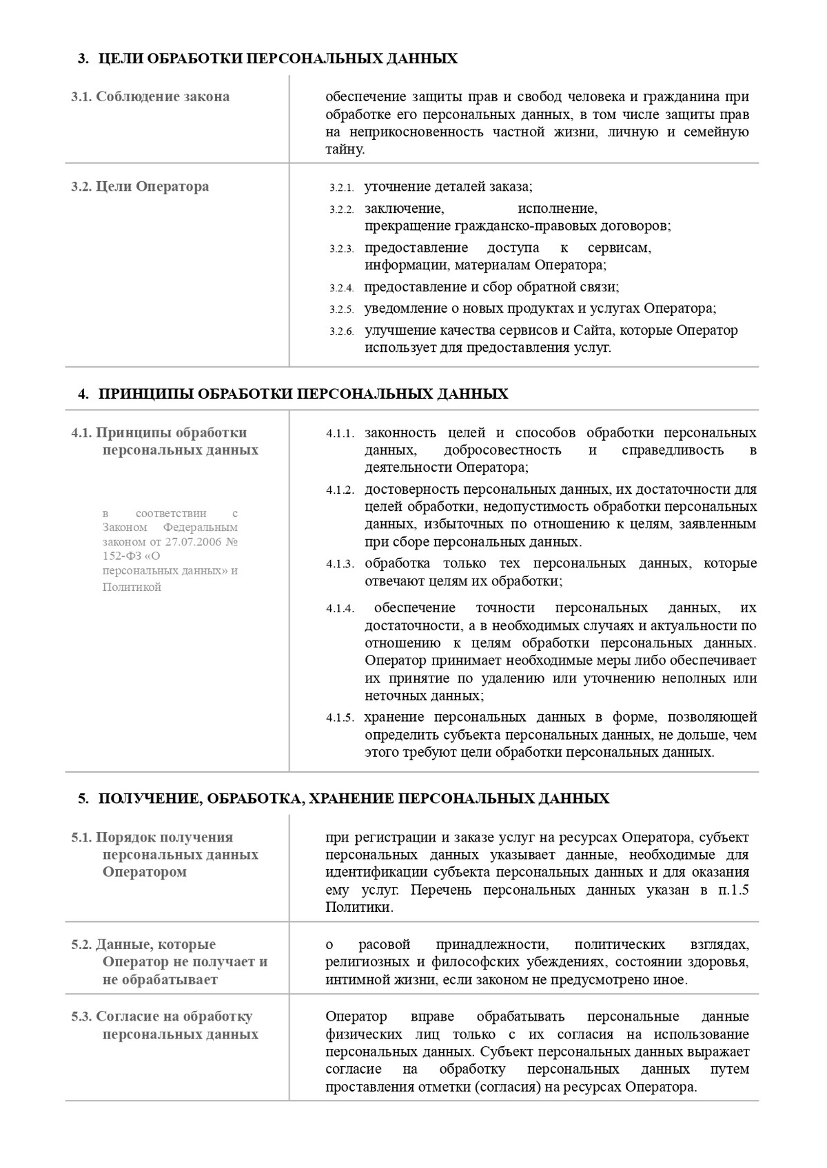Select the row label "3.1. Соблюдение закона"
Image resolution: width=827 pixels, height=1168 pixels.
coord(150,96)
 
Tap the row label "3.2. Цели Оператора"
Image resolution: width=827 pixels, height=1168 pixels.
coord(140,187)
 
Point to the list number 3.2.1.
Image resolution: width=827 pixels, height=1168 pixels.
coord(341,188)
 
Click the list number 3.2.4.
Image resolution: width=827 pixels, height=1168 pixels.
coord(341,289)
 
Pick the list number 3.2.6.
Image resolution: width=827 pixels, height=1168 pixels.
coord(341,332)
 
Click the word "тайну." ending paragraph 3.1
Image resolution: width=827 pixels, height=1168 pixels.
coord(345,149)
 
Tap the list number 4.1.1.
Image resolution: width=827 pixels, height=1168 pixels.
coord(340,434)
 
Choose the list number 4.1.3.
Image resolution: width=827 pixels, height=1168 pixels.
coord(340,565)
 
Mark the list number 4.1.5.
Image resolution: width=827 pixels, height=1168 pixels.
coord(340,718)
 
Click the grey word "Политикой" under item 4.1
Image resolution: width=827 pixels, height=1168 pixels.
coord(132,587)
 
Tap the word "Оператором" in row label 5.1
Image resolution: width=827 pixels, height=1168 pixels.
coord(145,873)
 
